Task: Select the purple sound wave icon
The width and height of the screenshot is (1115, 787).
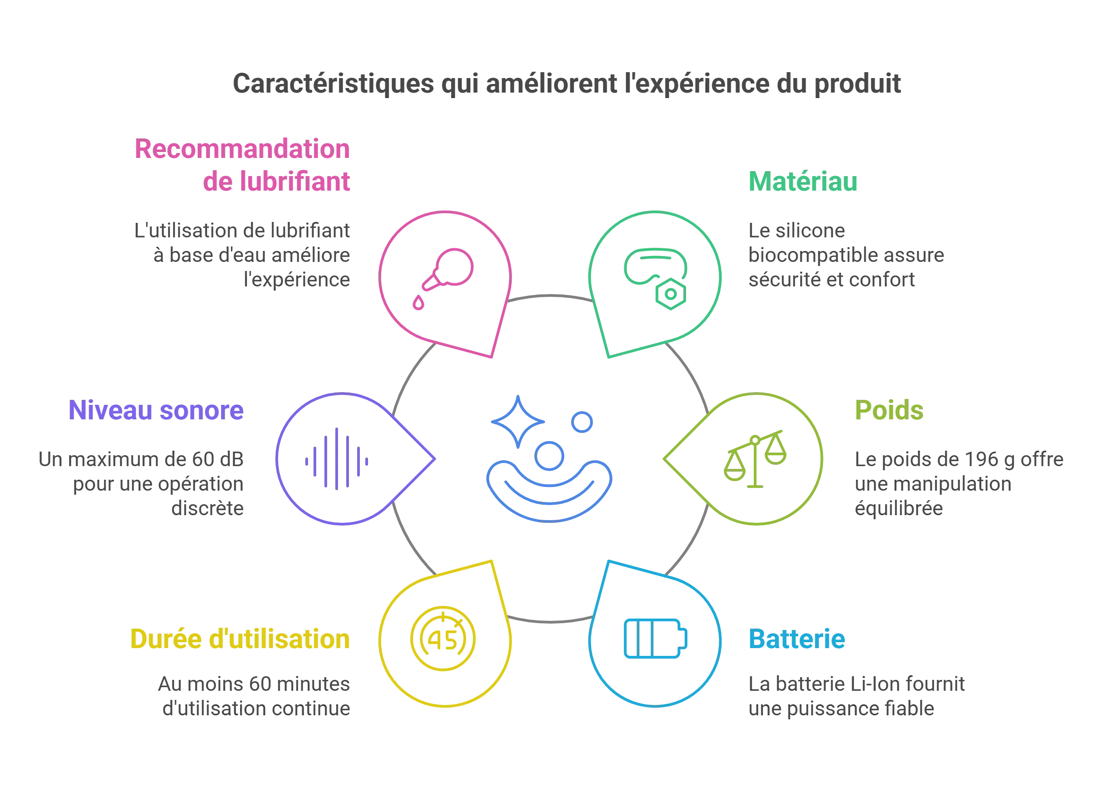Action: coord(337,459)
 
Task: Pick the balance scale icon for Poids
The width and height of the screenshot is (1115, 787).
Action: coord(755,459)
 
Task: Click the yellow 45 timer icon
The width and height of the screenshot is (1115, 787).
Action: coord(443,639)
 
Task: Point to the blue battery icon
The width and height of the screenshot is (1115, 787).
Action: coord(656,639)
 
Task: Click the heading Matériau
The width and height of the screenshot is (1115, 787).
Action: coord(803,182)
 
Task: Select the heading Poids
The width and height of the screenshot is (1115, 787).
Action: coord(889,410)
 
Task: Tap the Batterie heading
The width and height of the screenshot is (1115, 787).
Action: coord(797,639)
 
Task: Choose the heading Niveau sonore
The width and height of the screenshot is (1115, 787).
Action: coord(156,410)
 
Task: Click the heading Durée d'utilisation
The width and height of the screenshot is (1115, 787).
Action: coord(240,639)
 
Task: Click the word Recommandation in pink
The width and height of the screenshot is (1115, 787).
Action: coord(242,149)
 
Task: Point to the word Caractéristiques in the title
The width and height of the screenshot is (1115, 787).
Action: coord(334,84)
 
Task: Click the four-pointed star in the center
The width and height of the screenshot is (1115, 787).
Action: coord(518,422)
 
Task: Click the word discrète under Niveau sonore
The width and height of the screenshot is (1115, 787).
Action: coord(207,508)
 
